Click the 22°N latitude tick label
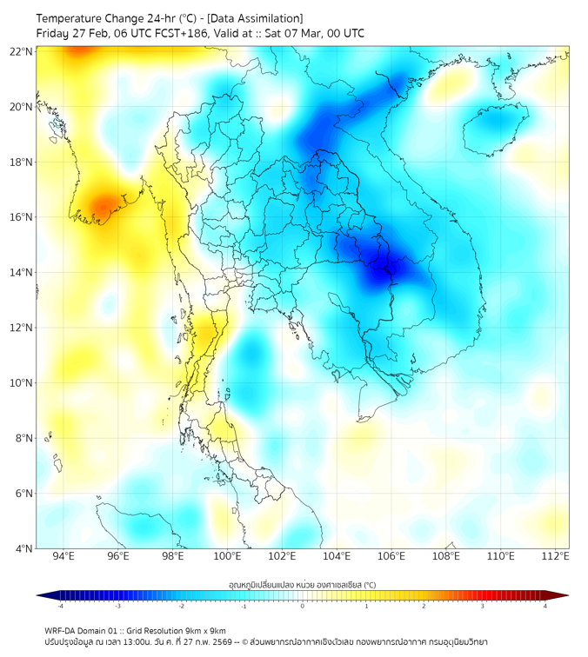click(x=22, y=51)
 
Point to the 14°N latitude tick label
click(x=22, y=273)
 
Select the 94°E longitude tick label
click(x=63, y=557)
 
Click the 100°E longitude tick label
click(x=228, y=557)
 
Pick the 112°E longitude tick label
click(x=555, y=557)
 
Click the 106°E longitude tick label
click(x=391, y=557)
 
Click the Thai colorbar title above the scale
click(x=302, y=585)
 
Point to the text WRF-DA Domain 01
click(x=83, y=631)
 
